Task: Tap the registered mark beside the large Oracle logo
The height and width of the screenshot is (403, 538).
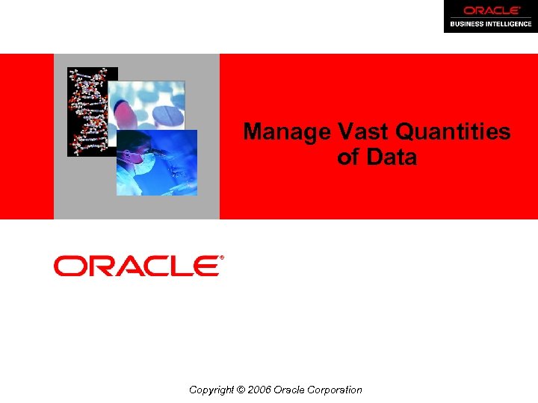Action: (221, 257)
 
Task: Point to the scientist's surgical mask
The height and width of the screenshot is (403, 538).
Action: (147, 160)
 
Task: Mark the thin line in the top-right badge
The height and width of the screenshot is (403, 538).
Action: (490, 17)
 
